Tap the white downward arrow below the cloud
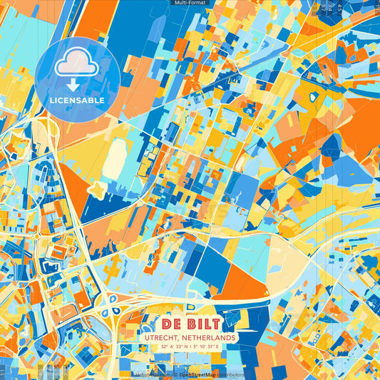(x=76, y=85)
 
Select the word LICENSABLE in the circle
(x=77, y=101)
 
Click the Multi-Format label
(x=189, y=3)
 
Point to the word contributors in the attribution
(x=232, y=374)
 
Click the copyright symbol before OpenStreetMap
(x=175, y=374)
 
